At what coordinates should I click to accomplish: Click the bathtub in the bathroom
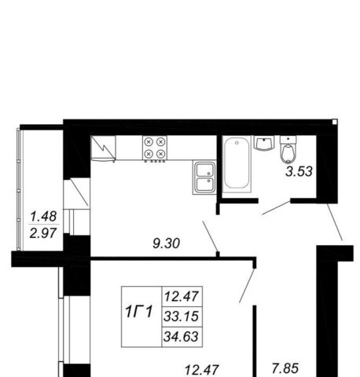237,164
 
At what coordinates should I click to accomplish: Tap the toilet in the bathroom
288,149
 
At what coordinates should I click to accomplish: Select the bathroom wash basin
264,143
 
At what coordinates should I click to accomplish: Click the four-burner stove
155,148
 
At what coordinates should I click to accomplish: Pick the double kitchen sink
204,178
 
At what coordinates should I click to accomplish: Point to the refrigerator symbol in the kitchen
103,148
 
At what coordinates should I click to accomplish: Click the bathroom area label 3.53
299,172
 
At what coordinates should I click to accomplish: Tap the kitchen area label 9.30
166,243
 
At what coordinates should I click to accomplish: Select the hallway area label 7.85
285,368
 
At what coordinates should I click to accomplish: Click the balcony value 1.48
43,217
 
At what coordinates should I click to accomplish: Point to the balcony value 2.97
43,233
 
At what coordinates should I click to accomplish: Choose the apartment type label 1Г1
139,312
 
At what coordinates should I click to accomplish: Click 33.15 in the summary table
181,317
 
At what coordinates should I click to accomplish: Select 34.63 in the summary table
181,336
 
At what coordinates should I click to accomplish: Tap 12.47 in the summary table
181,297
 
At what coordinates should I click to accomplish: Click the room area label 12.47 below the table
201,370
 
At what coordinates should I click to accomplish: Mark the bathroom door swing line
276,207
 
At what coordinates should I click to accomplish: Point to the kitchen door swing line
210,236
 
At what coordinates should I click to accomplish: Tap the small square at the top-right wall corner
335,122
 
